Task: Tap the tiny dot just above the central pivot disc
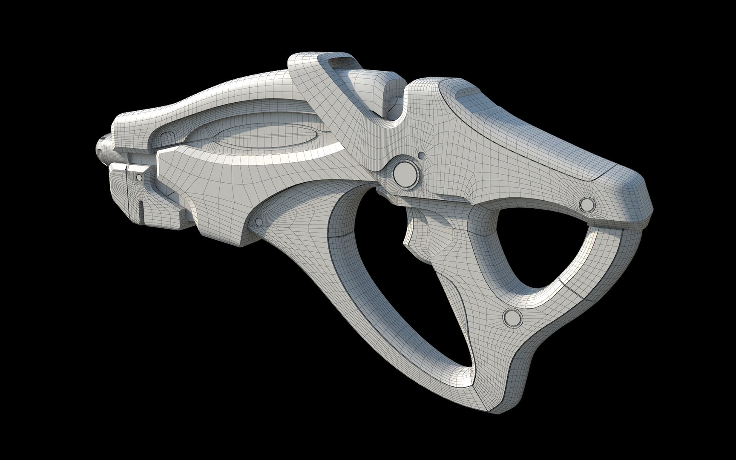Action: point(421,155)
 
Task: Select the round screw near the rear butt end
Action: point(587,204)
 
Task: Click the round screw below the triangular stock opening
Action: point(512,316)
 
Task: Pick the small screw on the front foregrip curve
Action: point(259,221)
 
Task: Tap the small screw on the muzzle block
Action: point(139,177)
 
